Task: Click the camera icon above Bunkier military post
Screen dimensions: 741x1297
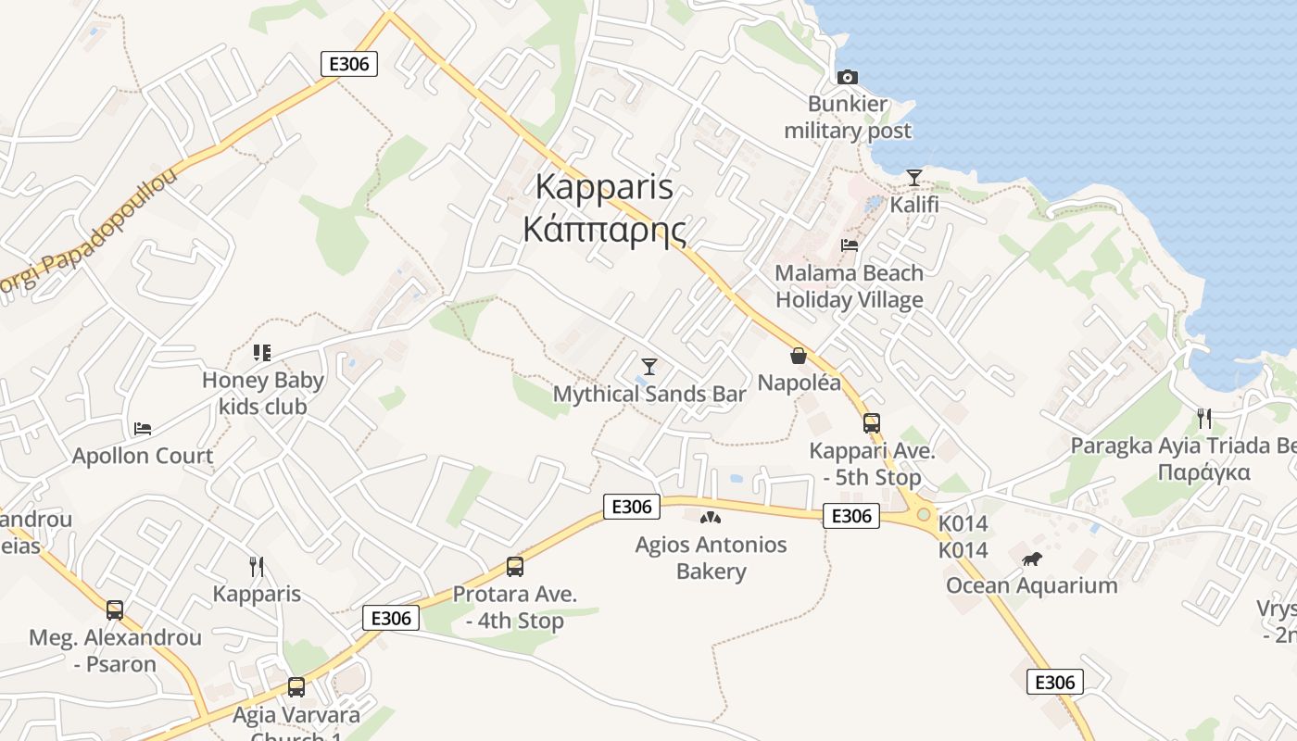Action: coord(847,77)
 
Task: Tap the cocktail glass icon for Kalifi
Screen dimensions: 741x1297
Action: coord(914,177)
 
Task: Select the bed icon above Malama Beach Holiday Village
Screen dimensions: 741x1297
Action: coord(849,245)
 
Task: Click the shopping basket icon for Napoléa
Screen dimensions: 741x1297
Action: coord(799,356)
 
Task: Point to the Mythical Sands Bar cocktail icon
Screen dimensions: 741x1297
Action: coord(648,367)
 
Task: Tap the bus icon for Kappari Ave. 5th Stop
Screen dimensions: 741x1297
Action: coord(871,423)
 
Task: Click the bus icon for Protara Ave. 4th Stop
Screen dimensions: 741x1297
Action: coord(514,567)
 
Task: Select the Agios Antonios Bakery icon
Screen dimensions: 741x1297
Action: coord(711,518)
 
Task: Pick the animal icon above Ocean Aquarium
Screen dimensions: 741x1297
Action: coord(1031,559)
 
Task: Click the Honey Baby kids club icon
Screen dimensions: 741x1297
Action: coord(262,353)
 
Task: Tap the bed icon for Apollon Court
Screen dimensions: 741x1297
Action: coord(143,429)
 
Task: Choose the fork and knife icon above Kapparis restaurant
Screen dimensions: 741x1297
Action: coord(257,566)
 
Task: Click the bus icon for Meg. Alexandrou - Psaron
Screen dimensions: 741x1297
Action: coord(115,610)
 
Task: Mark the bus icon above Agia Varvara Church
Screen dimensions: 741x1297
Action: coord(296,687)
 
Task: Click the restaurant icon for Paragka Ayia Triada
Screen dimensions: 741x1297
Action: coord(1203,419)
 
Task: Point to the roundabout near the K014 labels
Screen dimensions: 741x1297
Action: coord(923,514)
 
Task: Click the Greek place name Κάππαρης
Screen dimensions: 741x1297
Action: coord(605,229)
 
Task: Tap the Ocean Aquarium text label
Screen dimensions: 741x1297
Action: coord(1031,585)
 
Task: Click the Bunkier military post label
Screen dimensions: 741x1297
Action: coord(848,118)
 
